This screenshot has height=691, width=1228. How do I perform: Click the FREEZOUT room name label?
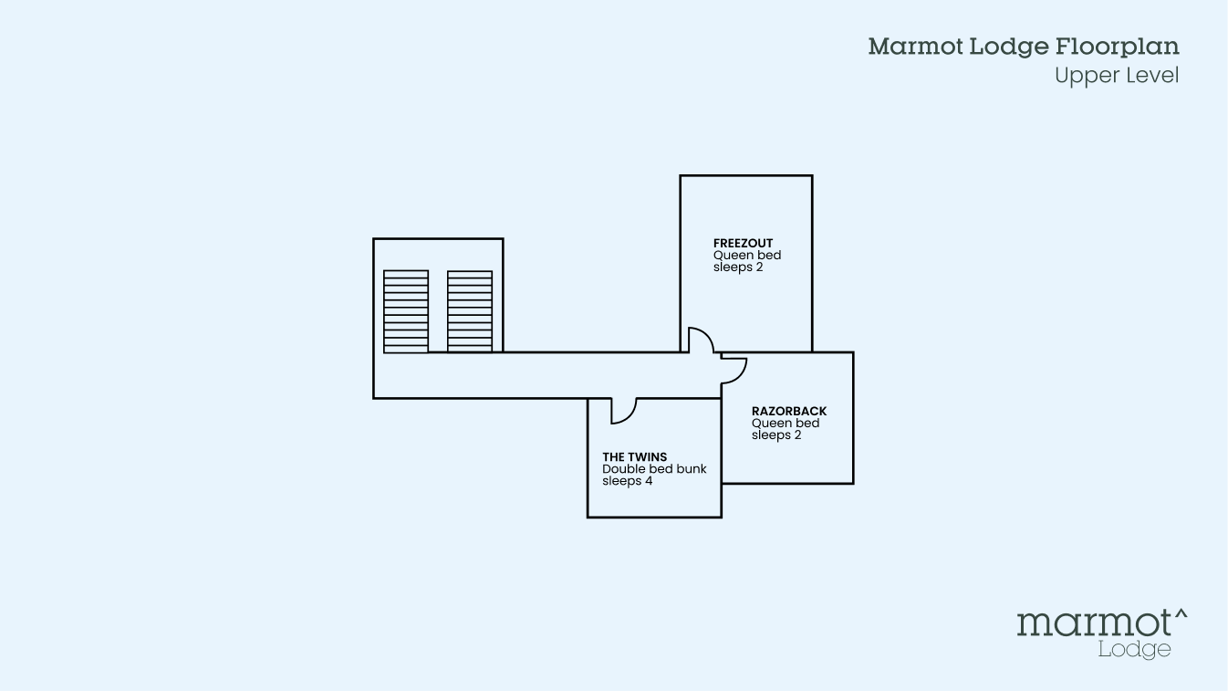743,244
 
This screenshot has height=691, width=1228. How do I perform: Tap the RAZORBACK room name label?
789,412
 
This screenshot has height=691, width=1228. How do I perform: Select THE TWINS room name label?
634,457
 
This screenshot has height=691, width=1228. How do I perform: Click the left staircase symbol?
406,311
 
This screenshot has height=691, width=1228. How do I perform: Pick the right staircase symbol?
470,311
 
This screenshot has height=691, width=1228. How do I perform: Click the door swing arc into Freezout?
701,339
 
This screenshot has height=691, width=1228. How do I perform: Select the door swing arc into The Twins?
622,412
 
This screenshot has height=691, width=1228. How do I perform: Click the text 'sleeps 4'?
627,481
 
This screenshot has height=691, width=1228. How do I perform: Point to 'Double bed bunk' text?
654,469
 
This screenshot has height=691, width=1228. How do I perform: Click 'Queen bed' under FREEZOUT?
747,256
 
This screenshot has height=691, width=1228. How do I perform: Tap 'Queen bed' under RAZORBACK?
786,424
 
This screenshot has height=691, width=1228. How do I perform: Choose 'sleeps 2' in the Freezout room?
737,267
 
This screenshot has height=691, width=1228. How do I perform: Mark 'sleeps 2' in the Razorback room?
775,435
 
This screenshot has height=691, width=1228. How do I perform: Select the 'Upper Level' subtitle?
1117,76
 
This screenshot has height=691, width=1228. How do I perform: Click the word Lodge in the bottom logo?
1134,650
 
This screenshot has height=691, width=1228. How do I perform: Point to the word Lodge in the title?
1004,47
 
